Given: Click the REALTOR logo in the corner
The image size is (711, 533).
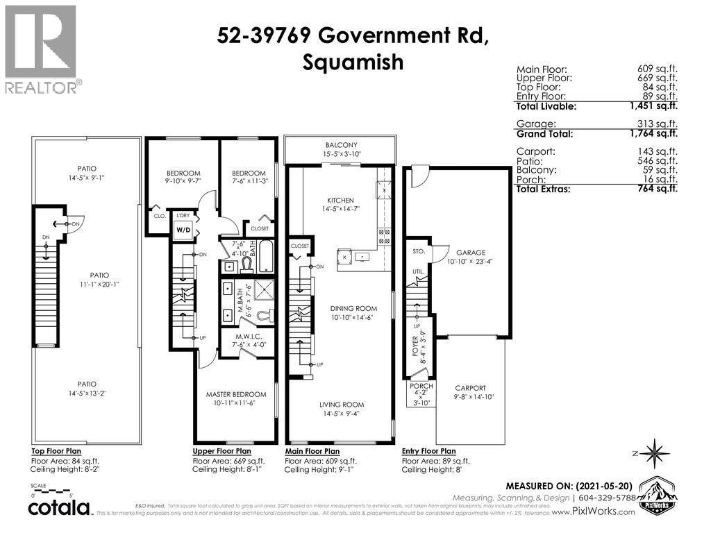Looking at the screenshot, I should coord(42,49).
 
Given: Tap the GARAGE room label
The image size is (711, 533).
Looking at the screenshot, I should coord(470,253).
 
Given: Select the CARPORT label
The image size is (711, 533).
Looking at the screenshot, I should coord(470,388).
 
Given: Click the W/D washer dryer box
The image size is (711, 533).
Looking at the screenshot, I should coord(183,229).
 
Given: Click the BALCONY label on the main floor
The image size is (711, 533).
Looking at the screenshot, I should coord(340,144).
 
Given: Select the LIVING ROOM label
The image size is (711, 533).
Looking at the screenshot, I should coord(341,405).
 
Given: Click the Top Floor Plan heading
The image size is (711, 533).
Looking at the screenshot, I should coord(58,450).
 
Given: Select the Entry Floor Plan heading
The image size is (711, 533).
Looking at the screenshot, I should coord(428,450).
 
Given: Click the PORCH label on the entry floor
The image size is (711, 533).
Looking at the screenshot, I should coord(421,386).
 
